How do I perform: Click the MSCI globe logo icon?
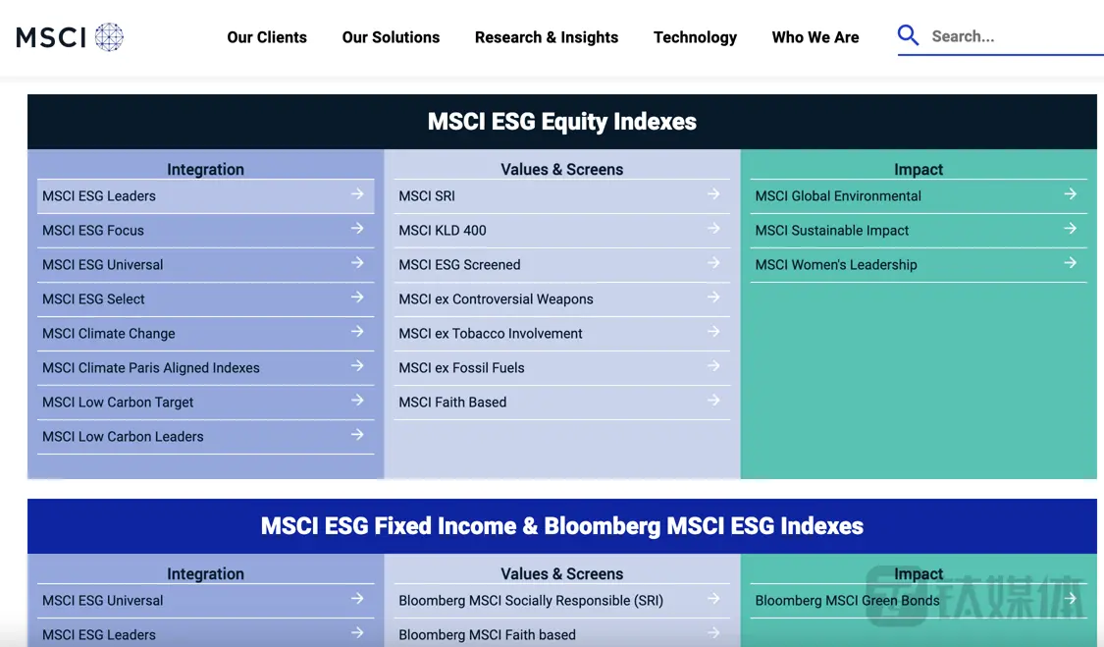click(x=109, y=36)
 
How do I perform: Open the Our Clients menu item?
click(x=267, y=37)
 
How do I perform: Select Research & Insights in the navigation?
click(x=547, y=37)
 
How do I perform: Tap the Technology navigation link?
click(x=695, y=37)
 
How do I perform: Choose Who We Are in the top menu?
click(x=815, y=37)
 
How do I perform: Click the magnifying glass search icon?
click(x=909, y=35)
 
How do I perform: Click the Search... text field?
click(x=1014, y=36)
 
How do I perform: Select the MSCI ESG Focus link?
click(x=93, y=231)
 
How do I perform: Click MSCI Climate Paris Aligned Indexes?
click(x=151, y=368)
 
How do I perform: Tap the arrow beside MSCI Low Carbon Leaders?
click(x=357, y=434)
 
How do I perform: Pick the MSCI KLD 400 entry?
click(x=443, y=231)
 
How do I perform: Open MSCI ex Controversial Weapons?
click(x=496, y=299)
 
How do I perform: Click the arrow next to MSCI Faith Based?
click(x=714, y=400)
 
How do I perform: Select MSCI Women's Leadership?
click(x=836, y=265)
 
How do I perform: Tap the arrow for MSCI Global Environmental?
click(x=1071, y=193)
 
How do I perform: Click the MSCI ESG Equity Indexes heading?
click(x=562, y=121)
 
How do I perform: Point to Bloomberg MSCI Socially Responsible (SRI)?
click(x=531, y=601)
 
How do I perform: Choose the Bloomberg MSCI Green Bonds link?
click(x=847, y=601)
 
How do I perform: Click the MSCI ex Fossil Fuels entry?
click(x=461, y=368)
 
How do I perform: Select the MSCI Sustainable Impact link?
click(x=831, y=231)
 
